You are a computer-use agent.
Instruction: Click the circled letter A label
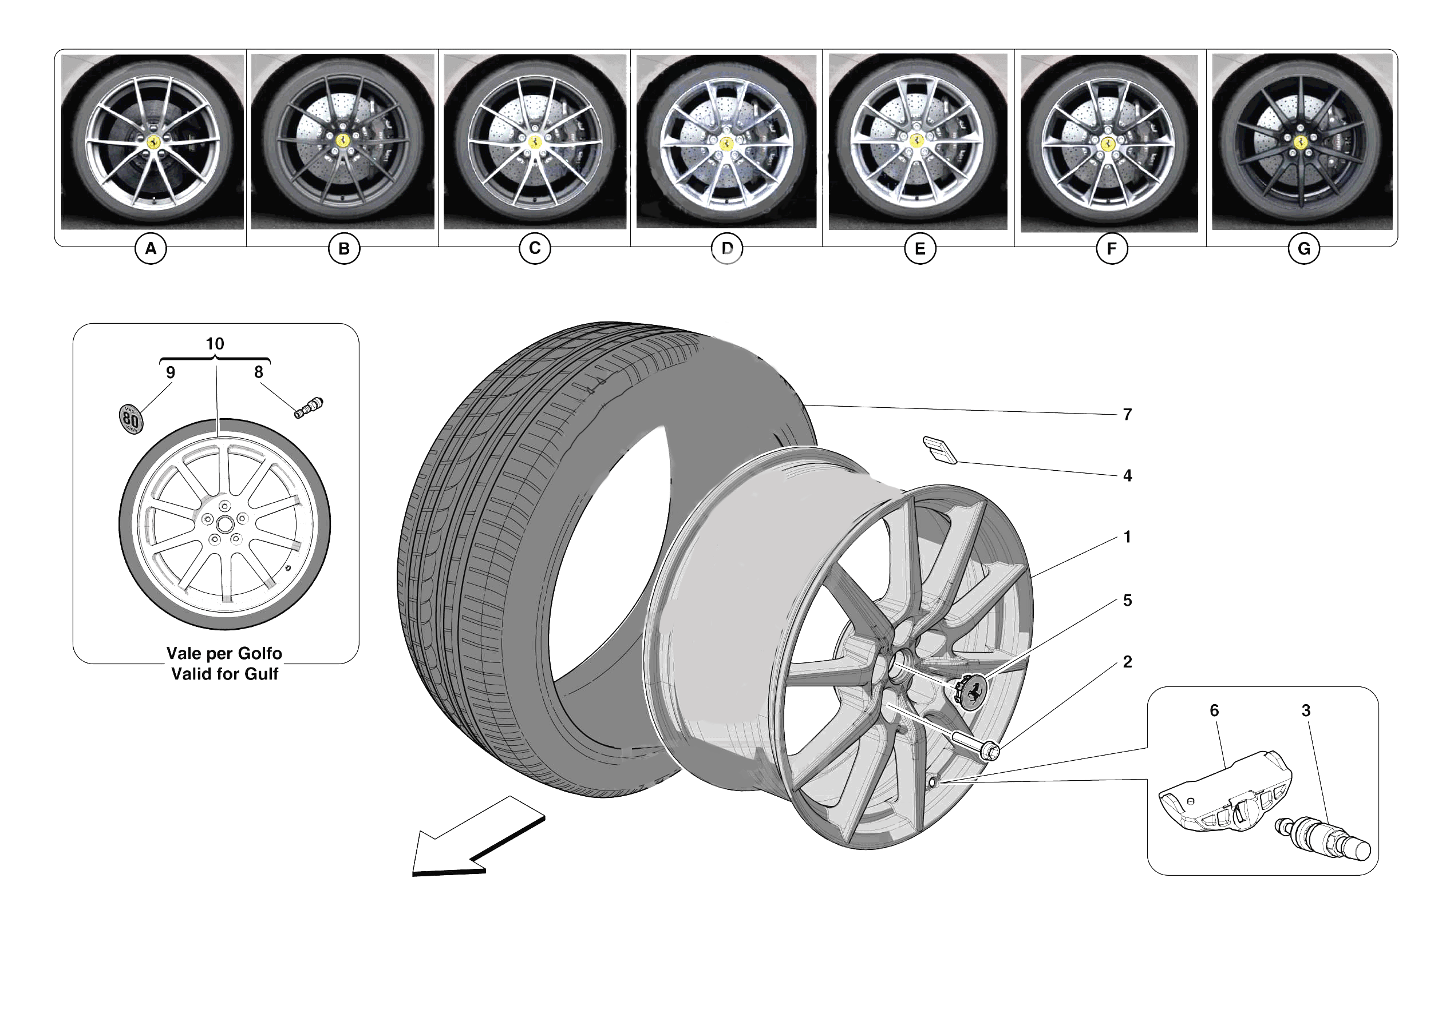click(x=151, y=249)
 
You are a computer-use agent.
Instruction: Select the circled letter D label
click(x=727, y=249)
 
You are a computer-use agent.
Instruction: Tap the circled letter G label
click(x=1303, y=249)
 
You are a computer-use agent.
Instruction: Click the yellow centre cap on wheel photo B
click(x=342, y=140)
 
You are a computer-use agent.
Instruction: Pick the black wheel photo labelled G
click(x=1302, y=142)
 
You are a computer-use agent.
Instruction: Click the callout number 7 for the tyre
click(x=1127, y=415)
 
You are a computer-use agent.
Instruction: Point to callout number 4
click(x=1127, y=476)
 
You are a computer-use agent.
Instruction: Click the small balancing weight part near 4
click(x=939, y=450)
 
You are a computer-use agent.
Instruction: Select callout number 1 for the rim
click(x=1127, y=538)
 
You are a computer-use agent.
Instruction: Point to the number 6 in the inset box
click(x=1214, y=710)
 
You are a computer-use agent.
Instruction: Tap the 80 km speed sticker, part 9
click(x=131, y=419)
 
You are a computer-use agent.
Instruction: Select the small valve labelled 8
click(x=309, y=407)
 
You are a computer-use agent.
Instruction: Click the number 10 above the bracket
click(x=215, y=344)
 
